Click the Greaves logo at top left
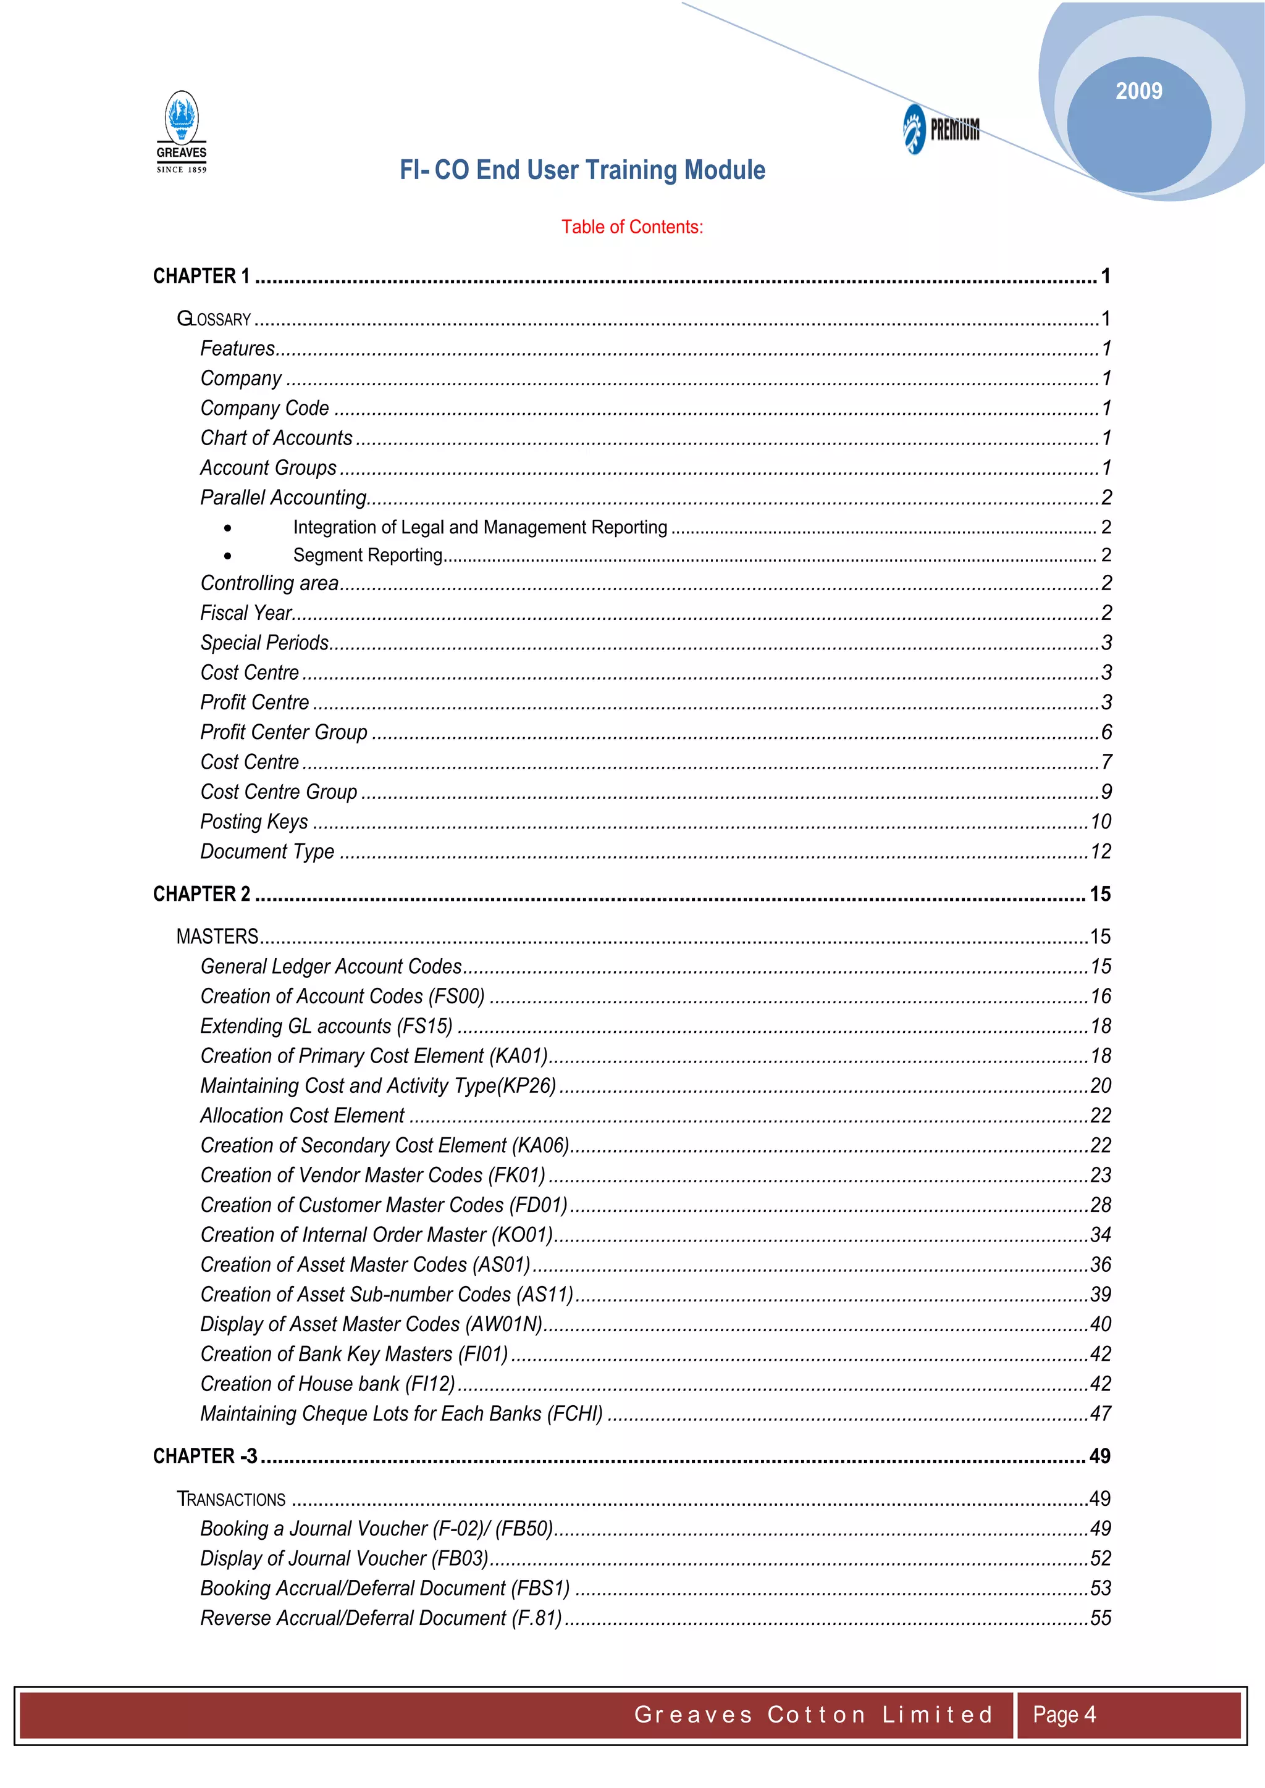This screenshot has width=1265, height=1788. (x=182, y=132)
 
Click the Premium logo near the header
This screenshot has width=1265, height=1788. (x=941, y=128)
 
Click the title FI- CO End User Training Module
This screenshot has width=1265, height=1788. (x=582, y=170)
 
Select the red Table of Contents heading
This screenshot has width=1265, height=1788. (x=632, y=227)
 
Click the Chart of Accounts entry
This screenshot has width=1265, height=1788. (x=277, y=438)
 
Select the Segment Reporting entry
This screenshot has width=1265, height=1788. (x=368, y=554)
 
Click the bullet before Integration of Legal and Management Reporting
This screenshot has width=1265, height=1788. (x=227, y=528)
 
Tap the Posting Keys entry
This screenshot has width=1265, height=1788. (x=254, y=822)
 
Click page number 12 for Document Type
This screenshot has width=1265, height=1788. (x=1100, y=851)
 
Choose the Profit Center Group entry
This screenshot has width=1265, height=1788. (x=284, y=732)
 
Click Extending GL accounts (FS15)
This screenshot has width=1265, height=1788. (x=326, y=1026)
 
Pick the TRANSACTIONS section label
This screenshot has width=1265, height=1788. (x=232, y=1498)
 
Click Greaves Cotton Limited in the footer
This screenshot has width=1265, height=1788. (x=813, y=1714)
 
